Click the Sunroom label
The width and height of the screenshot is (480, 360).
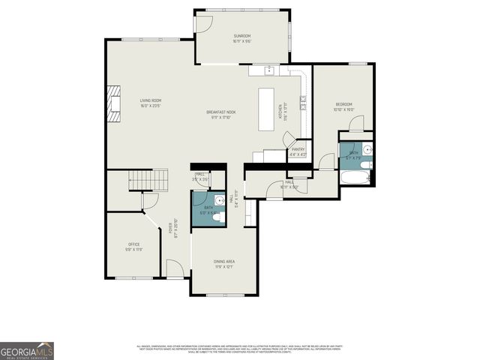coord(241,38)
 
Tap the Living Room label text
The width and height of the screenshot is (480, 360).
coord(151,103)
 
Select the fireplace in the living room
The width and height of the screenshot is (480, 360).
coord(113,103)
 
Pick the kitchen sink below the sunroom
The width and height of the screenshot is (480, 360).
coord(268,71)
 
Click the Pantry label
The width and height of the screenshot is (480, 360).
coord(298,151)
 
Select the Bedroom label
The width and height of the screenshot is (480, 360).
coord(343,106)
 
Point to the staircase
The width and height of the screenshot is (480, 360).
coord(148,180)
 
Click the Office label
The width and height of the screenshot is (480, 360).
coord(133,246)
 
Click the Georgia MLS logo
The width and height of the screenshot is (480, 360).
coord(26,351)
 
